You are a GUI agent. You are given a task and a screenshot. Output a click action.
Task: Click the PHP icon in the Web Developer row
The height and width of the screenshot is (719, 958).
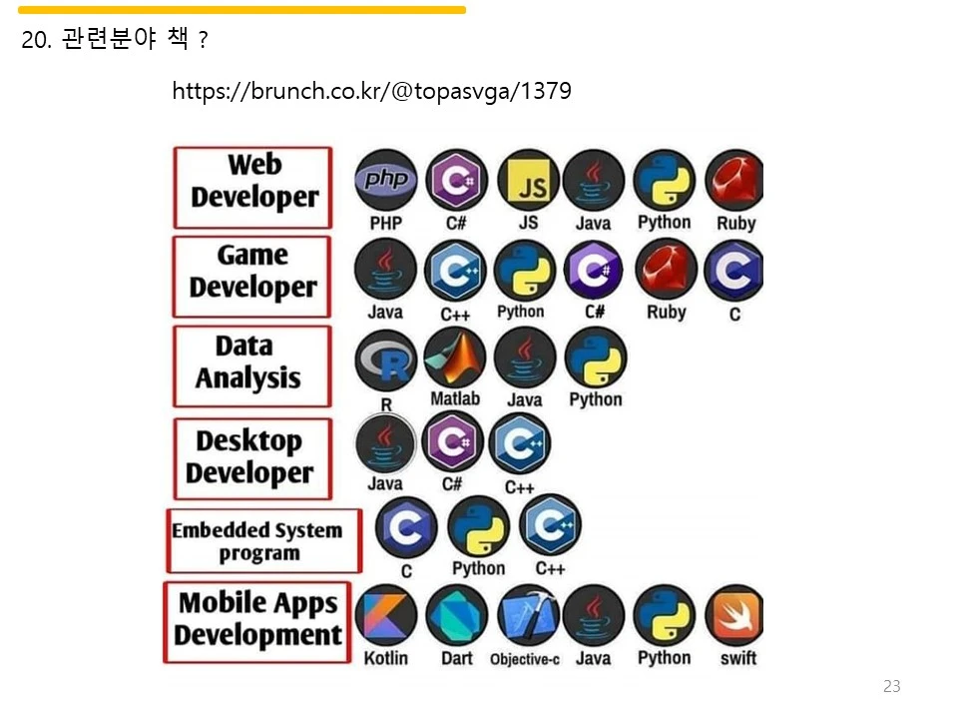pyautogui.click(x=386, y=181)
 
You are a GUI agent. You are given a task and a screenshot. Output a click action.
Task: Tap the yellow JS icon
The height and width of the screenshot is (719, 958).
pyautogui.click(x=528, y=181)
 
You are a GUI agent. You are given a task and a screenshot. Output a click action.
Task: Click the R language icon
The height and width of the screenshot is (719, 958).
pyautogui.click(x=386, y=360)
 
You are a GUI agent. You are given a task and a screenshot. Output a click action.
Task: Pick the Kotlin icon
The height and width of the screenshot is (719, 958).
pyautogui.click(x=386, y=616)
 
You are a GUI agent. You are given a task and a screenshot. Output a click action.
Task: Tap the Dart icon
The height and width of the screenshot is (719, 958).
pyautogui.click(x=456, y=616)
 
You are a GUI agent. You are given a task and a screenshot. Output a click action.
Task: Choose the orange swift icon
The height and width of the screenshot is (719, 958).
pyautogui.click(x=734, y=616)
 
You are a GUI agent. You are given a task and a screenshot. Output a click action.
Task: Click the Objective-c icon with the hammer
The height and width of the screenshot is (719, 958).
pyautogui.click(x=525, y=616)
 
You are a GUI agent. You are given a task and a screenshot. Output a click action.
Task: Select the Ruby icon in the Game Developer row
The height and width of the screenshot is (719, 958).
pyautogui.click(x=666, y=271)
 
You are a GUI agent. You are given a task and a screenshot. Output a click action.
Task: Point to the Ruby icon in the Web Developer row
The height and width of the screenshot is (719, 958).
pyautogui.click(x=734, y=181)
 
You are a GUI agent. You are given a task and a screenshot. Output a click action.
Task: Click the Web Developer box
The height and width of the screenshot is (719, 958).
pyautogui.click(x=252, y=188)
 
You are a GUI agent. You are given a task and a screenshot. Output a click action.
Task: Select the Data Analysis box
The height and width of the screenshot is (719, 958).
pyautogui.click(x=252, y=365)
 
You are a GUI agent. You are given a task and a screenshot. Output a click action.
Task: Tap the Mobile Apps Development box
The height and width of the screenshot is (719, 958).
pyautogui.click(x=257, y=622)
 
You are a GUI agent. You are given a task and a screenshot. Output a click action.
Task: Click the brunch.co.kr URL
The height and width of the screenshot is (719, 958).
pyautogui.click(x=371, y=92)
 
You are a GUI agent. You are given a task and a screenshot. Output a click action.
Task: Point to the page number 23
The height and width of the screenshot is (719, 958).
pyautogui.click(x=891, y=686)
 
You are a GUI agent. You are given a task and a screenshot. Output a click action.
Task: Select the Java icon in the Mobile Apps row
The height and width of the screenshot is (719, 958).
pyautogui.click(x=594, y=616)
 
